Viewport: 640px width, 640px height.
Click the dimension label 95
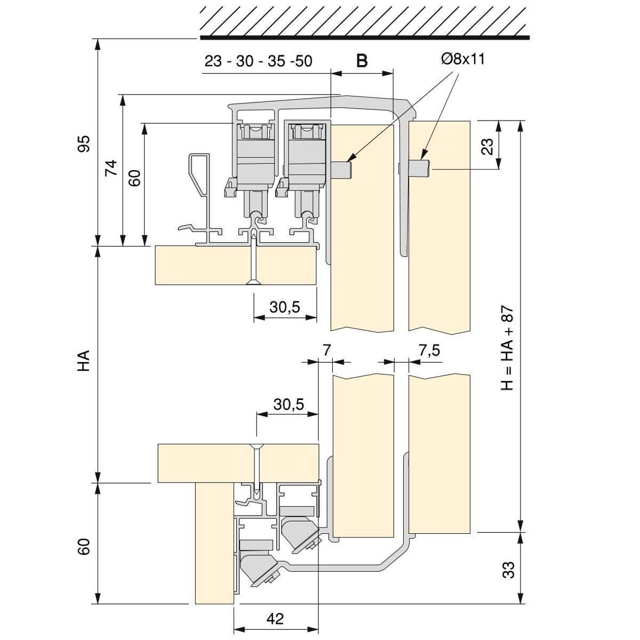[84, 143]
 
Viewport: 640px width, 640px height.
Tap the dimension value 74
[111, 169]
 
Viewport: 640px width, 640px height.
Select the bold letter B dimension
[362, 61]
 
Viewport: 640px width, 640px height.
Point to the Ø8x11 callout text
[463, 59]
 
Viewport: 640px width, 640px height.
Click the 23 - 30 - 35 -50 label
[258, 61]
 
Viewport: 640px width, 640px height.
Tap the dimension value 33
[509, 569]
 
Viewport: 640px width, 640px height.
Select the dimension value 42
[275, 619]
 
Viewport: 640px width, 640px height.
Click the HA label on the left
[84, 361]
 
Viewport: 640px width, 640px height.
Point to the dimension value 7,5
[429, 350]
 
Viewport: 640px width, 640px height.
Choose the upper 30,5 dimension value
[284, 307]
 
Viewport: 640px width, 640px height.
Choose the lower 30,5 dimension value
[289, 404]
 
